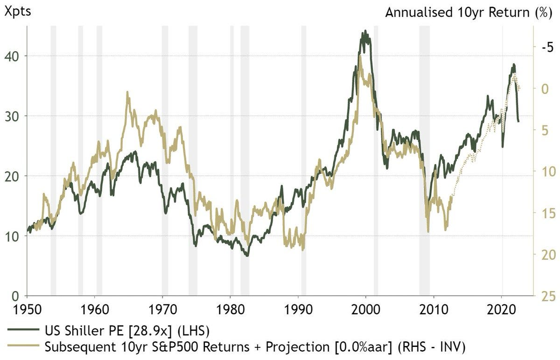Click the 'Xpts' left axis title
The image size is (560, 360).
pos(18,11)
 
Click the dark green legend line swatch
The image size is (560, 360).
pos(23,331)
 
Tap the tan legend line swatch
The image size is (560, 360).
pos(23,346)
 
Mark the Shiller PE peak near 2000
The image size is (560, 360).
pos(365,31)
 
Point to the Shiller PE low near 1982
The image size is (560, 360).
pos(247,256)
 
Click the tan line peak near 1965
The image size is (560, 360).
pos(127,92)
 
